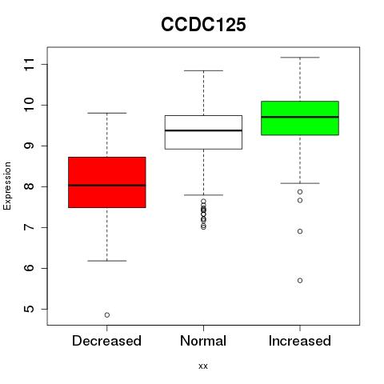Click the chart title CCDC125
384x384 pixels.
click(203, 25)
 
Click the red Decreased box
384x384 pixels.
click(107, 182)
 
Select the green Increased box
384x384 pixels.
click(300, 118)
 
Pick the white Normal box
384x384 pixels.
click(203, 132)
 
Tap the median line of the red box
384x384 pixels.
click(107, 185)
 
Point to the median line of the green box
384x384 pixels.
click(300, 117)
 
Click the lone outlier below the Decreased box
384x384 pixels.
click(107, 315)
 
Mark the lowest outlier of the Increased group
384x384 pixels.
click(300, 281)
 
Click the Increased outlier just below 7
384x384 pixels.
click(300, 231)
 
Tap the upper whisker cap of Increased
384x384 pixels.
click(300, 58)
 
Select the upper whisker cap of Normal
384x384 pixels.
click(203, 70)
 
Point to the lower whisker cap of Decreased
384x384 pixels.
click(107, 261)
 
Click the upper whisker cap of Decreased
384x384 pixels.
click(107, 113)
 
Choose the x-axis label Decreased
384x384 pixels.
click(106, 341)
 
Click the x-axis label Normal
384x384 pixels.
click(203, 341)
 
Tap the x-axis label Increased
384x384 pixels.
click(300, 341)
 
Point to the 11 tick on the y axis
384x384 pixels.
click(30, 64)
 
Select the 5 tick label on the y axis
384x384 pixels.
click(30, 309)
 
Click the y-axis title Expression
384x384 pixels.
click(7, 186)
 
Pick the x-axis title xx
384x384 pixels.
click(203, 366)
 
